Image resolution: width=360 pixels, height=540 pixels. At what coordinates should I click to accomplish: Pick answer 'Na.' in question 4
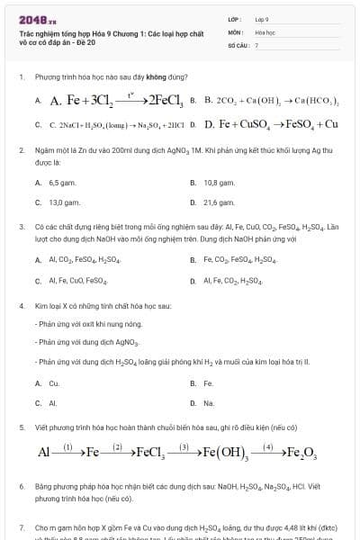[209, 403]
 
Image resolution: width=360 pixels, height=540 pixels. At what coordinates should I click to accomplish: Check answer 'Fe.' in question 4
[208, 382]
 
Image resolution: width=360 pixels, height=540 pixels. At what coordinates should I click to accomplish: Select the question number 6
[21, 486]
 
